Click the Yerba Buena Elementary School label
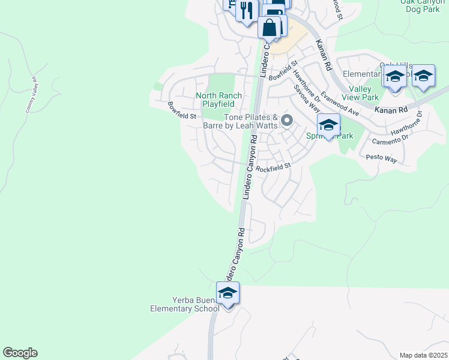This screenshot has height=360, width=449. (185, 304)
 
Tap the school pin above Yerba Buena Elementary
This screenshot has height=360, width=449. (228, 294)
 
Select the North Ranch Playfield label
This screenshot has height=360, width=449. (218, 100)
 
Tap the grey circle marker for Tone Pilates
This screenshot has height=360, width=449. (287, 122)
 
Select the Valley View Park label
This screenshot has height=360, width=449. (364, 93)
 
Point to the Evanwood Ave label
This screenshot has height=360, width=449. (339, 104)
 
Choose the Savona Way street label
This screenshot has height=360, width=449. (306, 98)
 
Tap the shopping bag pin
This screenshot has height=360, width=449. (270, 27)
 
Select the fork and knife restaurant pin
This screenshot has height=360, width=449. (246, 10)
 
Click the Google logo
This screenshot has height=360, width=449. (20, 353)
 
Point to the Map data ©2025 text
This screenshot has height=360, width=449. (422, 355)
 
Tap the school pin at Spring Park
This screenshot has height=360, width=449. (328, 126)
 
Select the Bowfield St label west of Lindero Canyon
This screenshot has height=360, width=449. (182, 110)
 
